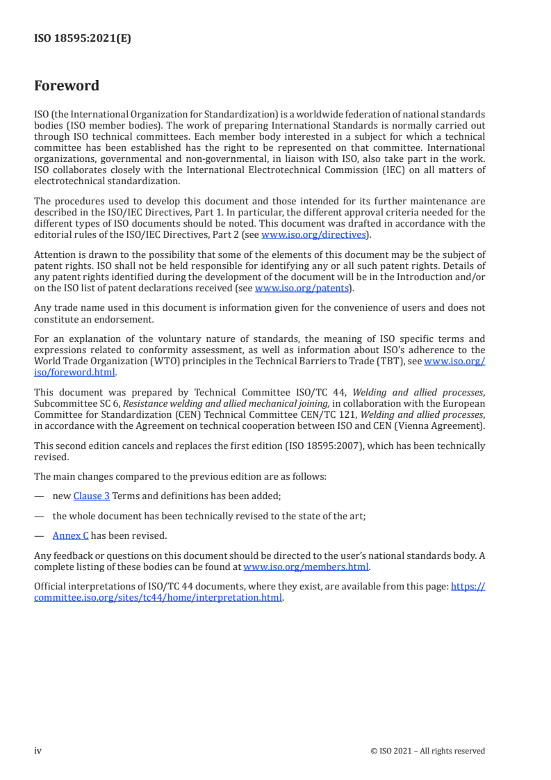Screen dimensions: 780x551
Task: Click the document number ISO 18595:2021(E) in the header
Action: pos(83,39)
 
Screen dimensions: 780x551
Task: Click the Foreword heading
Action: pos(67,86)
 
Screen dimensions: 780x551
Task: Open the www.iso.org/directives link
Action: pos(313,234)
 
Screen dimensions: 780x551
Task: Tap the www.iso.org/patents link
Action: pos(302,288)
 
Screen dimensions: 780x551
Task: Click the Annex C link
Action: pos(70,535)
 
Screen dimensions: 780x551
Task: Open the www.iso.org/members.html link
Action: pos(306,566)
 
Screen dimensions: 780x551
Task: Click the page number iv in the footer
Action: pos(38,750)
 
